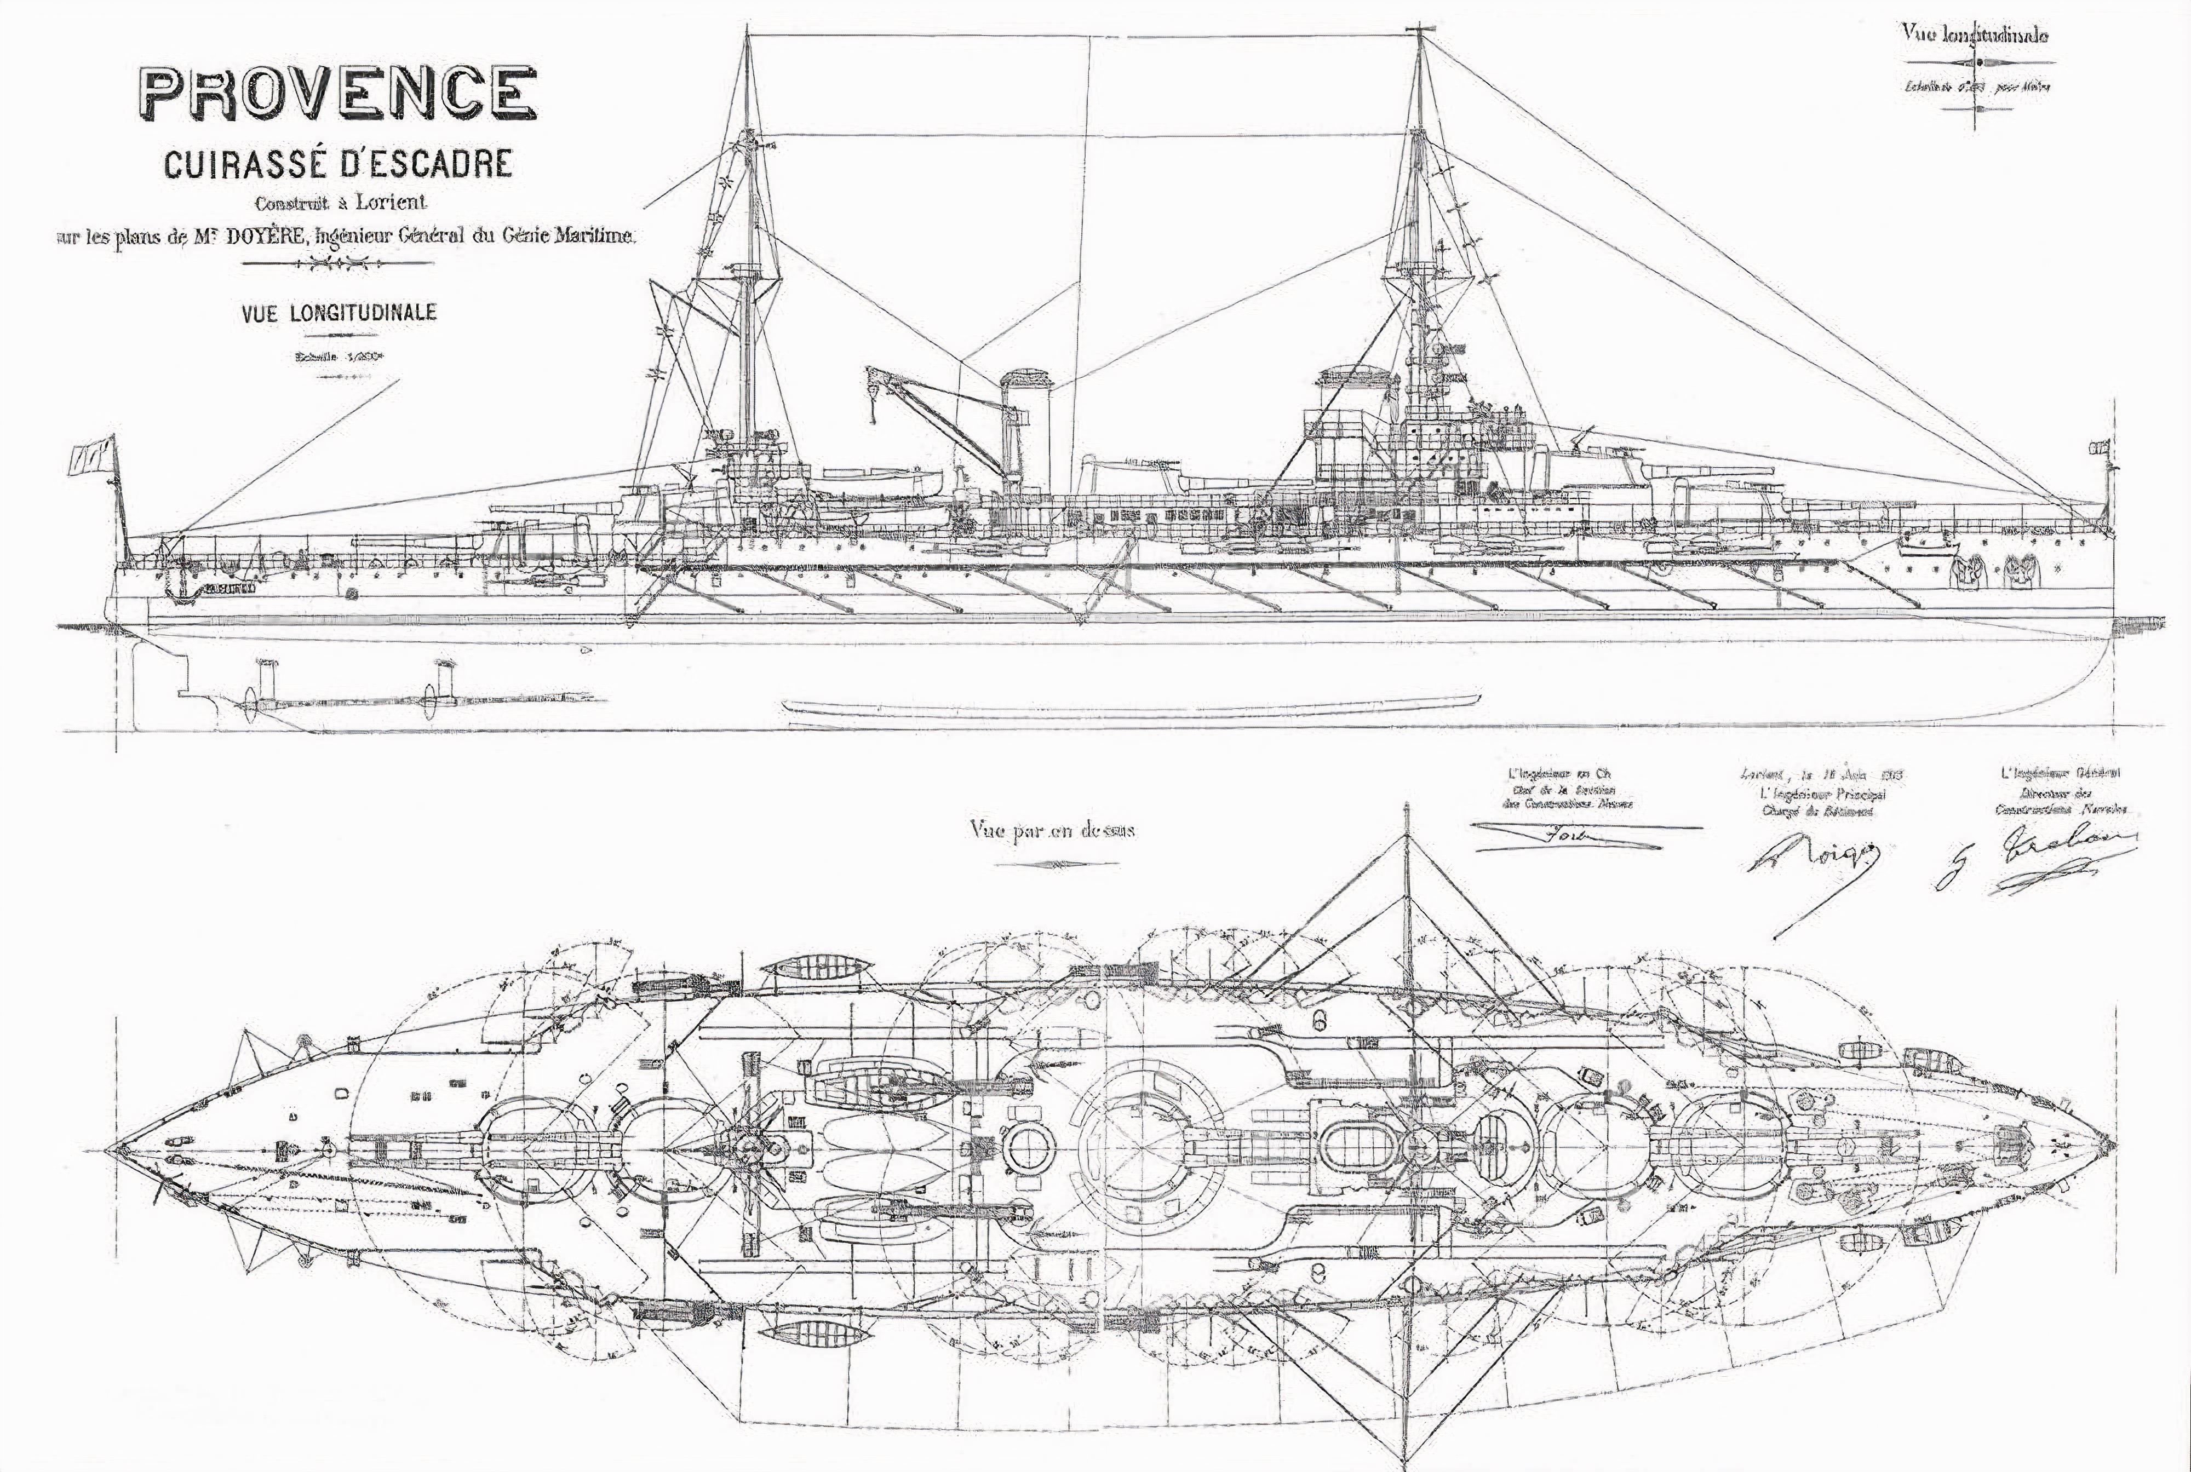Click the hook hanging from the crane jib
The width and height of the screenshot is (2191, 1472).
click(x=873, y=413)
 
